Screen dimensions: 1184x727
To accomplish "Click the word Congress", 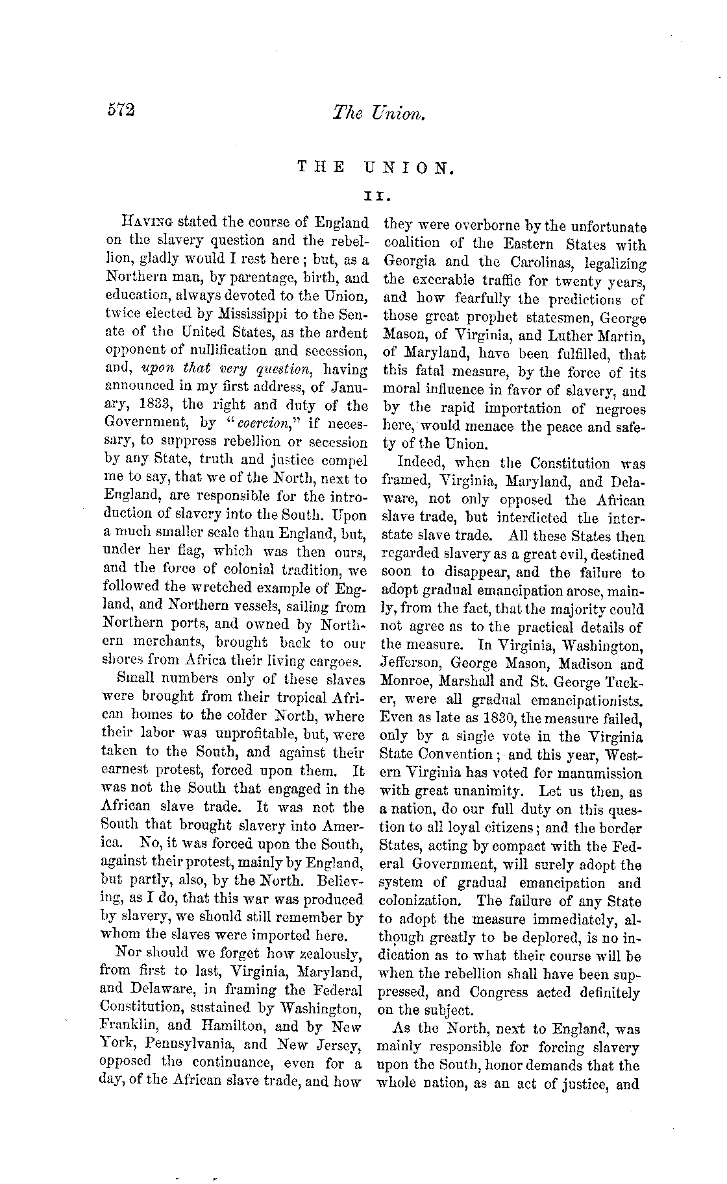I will click(x=500, y=993).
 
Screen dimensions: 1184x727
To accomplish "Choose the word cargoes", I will click(x=336, y=662).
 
